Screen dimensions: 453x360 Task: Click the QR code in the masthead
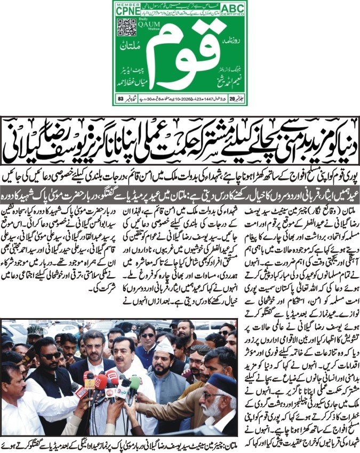(x=124, y=27)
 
